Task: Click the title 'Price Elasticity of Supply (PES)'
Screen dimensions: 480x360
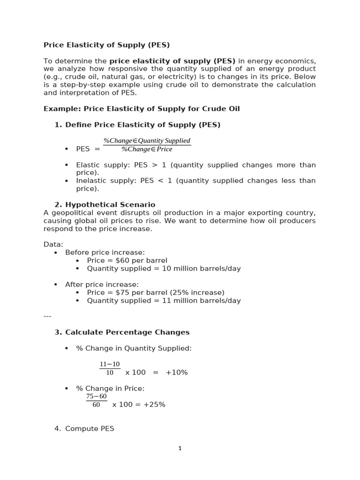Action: pos(106,45)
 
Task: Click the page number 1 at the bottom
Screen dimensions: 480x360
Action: pos(180,449)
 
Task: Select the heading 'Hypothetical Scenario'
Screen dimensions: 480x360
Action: pos(110,205)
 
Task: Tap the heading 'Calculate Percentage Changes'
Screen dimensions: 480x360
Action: pos(127,332)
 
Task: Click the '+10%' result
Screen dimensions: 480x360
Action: pos(177,372)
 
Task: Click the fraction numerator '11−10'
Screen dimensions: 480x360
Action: pos(110,365)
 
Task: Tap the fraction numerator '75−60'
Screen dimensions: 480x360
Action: pos(97,397)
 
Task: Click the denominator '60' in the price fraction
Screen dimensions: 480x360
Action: pos(96,405)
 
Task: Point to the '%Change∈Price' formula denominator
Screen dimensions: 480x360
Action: pos(147,150)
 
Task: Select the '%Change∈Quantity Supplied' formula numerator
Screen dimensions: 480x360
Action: pos(147,141)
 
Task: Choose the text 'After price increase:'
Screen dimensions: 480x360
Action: pos(102,285)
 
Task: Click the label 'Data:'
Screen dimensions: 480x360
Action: pos(53,245)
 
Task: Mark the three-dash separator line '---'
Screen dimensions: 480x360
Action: pos(47,316)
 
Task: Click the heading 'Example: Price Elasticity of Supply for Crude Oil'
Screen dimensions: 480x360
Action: pos(142,109)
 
